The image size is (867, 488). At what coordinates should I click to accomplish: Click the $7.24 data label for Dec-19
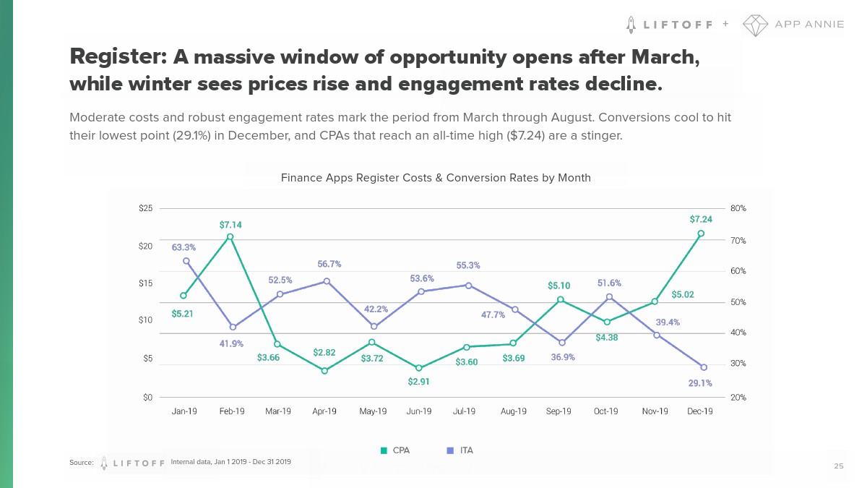700,219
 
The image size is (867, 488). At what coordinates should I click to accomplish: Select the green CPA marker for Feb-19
230,236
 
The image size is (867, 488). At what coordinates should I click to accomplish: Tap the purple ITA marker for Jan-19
186,261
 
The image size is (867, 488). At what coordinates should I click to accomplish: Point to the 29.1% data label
700,383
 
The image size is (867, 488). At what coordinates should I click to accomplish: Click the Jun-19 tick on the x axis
419,411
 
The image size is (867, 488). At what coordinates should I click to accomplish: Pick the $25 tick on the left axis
145,208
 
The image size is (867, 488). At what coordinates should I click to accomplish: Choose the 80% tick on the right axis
738,208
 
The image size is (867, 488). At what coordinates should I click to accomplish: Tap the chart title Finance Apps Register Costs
436,178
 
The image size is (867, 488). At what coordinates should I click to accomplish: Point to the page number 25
838,466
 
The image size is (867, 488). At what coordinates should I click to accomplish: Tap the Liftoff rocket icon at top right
631,24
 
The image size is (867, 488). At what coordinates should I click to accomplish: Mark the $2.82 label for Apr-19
324,352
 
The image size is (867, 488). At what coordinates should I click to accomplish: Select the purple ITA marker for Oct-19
609,296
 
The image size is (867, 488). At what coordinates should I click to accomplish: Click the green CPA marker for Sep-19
561,299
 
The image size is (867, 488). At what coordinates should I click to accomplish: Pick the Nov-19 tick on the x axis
655,411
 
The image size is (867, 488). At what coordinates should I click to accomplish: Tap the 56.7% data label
329,264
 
